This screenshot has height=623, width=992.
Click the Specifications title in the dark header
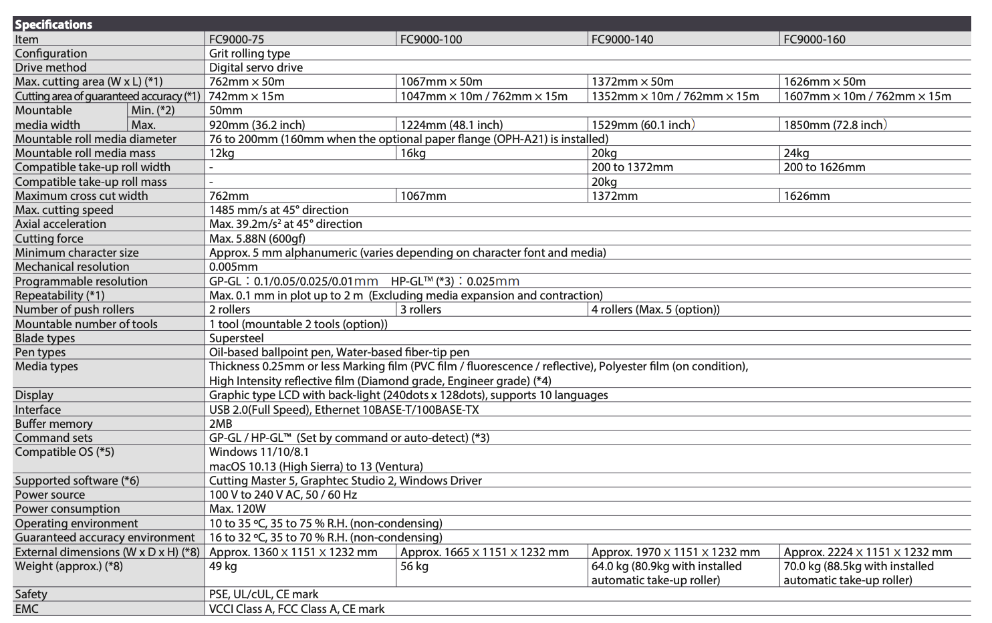coord(53,25)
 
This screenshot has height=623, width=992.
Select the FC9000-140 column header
coord(622,39)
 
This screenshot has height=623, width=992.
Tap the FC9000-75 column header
coord(237,39)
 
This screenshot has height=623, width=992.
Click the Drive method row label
coord(51,68)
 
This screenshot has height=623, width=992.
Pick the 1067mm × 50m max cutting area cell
coord(441,82)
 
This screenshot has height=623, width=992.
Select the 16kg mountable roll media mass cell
coord(413,153)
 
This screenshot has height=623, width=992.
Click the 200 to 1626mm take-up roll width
coord(824,167)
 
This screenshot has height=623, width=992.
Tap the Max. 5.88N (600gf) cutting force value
coord(257,239)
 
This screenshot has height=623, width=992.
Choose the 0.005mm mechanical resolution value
coord(233,267)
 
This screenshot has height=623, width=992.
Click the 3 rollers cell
coord(421,309)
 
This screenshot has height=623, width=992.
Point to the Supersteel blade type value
coord(237,338)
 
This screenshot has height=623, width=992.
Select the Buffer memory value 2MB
coord(221,424)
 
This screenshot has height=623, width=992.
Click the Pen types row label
coord(40,352)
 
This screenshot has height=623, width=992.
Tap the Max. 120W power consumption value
coord(237,509)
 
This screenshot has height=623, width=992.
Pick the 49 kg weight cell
coord(223,566)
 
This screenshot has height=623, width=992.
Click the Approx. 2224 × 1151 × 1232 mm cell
coord(868,552)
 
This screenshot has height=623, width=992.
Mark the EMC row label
coord(27,609)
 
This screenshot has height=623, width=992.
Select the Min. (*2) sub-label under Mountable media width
coord(153,110)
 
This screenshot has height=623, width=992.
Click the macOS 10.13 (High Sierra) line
coord(316,467)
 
